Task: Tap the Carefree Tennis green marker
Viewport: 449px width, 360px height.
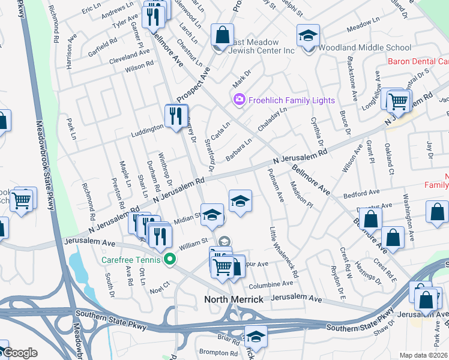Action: tap(170, 260)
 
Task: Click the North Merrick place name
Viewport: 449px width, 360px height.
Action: tap(234, 299)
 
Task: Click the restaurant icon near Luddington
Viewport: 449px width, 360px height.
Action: tap(176, 115)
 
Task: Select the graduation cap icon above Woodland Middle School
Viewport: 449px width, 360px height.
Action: tap(308, 35)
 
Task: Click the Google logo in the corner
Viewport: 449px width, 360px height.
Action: tap(20, 352)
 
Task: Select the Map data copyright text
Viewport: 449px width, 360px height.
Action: tap(423, 355)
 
